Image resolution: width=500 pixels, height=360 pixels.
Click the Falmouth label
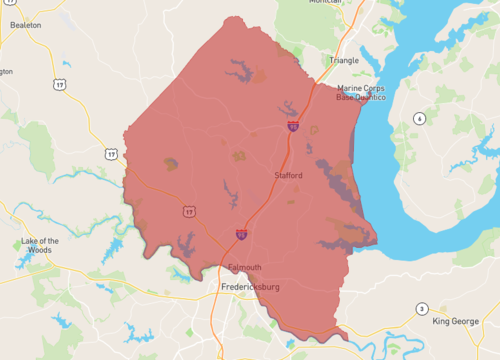(x=244, y=267)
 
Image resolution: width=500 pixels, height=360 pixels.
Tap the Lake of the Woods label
(x=40, y=245)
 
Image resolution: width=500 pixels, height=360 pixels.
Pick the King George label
(x=455, y=321)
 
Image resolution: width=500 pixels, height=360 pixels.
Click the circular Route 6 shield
(x=420, y=118)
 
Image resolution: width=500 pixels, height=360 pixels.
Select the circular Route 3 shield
(x=422, y=308)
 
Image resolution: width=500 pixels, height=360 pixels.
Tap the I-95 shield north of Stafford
(x=292, y=127)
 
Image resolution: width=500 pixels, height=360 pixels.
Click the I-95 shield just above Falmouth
(x=241, y=234)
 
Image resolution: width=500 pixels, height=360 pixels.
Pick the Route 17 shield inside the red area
(x=188, y=210)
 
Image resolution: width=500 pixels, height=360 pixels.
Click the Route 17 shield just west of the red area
(x=111, y=153)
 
